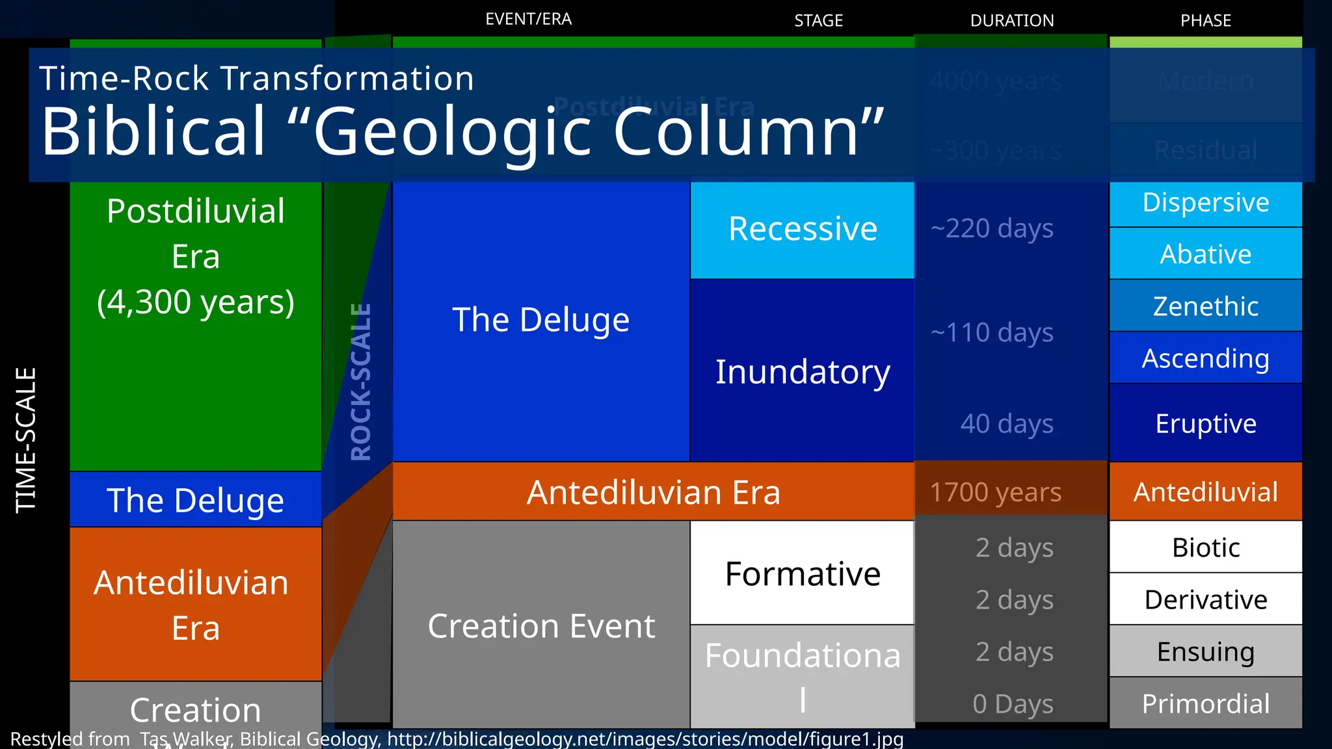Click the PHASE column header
pyautogui.click(x=1205, y=21)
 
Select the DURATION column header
pyautogui.click(x=1011, y=21)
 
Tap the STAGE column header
pyautogui.click(x=818, y=21)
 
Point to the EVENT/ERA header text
pyautogui.click(x=528, y=20)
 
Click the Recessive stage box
pyautogui.click(x=802, y=230)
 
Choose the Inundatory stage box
pyautogui.click(x=802, y=372)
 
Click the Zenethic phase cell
pyautogui.click(x=1205, y=306)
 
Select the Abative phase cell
pyautogui.click(x=1205, y=254)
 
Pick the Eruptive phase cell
pyautogui.click(x=1205, y=424)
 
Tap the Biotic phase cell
pyautogui.click(x=1205, y=547)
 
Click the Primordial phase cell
pyautogui.click(x=1205, y=703)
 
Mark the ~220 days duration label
pyautogui.click(x=992, y=229)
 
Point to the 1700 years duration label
pyautogui.click(x=995, y=492)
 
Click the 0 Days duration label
pyautogui.click(x=1013, y=704)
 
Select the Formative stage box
pyautogui.click(x=802, y=574)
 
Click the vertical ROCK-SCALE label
pyautogui.click(x=361, y=382)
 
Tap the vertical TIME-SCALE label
pyautogui.click(x=26, y=441)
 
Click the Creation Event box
pyautogui.click(x=541, y=626)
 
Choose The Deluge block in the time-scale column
pyautogui.click(x=195, y=501)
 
